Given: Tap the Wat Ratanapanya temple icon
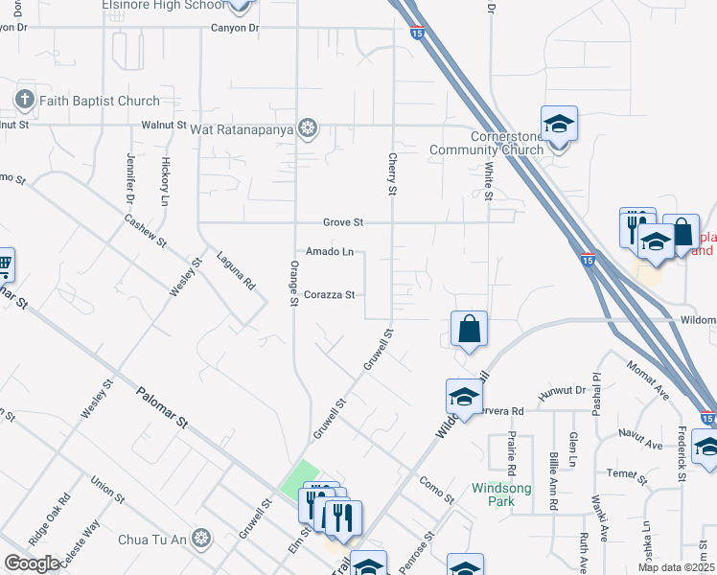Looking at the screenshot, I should pos(308,128).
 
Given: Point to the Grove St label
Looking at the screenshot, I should pos(342,222).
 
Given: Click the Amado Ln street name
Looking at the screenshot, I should pos(330,252).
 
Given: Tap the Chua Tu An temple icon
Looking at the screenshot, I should pos(200,537).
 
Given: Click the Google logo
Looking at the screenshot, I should pos(32,563).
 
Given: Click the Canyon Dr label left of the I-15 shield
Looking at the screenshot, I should pos(235,28).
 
